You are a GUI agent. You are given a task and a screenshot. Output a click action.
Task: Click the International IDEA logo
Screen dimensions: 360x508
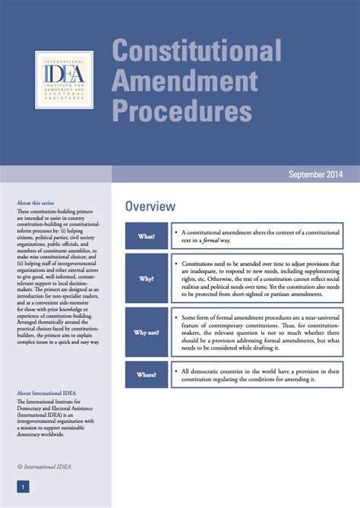[x=64, y=80]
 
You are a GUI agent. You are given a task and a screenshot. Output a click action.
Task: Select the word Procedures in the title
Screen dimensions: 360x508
[x=182, y=111]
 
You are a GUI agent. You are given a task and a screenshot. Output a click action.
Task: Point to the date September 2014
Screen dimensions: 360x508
[x=315, y=174]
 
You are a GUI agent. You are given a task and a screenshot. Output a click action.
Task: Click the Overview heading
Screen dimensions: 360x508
[x=150, y=207]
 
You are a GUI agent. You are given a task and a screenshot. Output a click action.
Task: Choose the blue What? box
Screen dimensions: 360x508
[x=147, y=236]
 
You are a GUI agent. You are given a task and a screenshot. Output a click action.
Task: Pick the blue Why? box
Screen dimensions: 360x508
[x=147, y=279]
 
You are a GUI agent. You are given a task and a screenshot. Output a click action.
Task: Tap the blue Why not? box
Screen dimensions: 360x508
[x=147, y=333]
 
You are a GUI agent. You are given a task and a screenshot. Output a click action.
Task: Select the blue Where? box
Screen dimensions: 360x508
[x=147, y=374]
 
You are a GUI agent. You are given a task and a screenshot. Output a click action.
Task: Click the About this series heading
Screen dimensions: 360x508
[x=35, y=203]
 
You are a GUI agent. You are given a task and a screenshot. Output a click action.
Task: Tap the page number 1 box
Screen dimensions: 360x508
[x=23, y=486]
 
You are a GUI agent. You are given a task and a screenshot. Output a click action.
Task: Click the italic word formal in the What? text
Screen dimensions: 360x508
[x=210, y=240]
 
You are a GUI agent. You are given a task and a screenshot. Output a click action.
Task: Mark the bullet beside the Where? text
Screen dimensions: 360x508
[x=175, y=371]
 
